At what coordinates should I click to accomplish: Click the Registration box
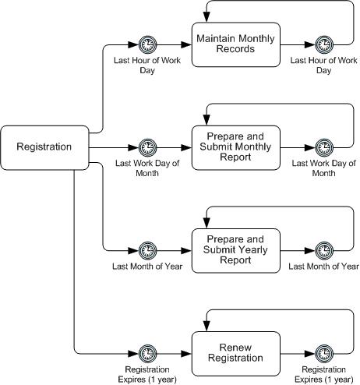pyautogui.click(x=44, y=147)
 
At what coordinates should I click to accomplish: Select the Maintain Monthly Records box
pyautogui.click(x=236, y=44)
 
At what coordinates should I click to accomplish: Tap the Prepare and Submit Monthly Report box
pyautogui.click(x=236, y=147)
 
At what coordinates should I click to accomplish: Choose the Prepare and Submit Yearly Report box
pyautogui.click(x=236, y=251)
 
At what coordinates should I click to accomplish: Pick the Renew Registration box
pyautogui.click(x=236, y=354)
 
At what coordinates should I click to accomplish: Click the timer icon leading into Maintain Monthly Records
pyautogui.click(x=147, y=44)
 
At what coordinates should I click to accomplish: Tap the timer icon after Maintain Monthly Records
pyautogui.click(x=324, y=44)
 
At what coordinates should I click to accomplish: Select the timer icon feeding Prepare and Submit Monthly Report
pyautogui.click(x=147, y=147)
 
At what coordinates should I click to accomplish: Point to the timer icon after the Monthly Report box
pyautogui.click(x=324, y=147)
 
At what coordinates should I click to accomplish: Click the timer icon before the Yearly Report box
pyautogui.click(x=147, y=251)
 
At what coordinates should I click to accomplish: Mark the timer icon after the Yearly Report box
pyautogui.click(x=324, y=251)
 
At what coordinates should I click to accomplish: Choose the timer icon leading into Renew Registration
pyautogui.click(x=147, y=354)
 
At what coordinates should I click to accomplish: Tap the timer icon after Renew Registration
pyautogui.click(x=324, y=354)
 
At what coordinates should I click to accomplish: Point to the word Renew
pyautogui.click(x=235, y=348)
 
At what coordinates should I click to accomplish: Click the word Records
pyautogui.click(x=235, y=49)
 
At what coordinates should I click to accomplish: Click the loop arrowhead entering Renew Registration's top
pyautogui.click(x=206, y=327)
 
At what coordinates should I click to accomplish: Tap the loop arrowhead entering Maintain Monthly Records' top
pyautogui.click(x=206, y=17)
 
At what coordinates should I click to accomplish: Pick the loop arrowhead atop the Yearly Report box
pyautogui.click(x=206, y=224)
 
